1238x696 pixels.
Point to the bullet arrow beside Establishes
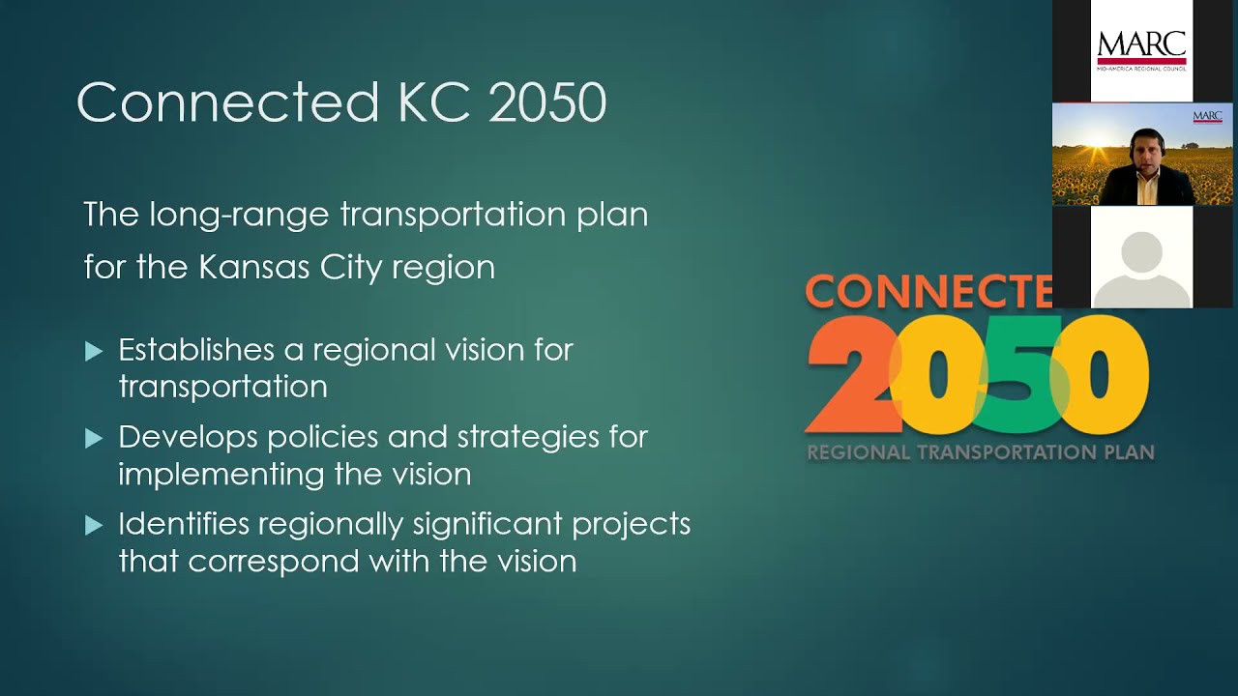[x=94, y=352]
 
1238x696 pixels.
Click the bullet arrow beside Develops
[x=94, y=439]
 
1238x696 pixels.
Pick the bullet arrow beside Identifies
[x=94, y=526]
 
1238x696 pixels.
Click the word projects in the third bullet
[x=631, y=525]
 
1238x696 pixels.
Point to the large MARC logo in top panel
[x=1141, y=48]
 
